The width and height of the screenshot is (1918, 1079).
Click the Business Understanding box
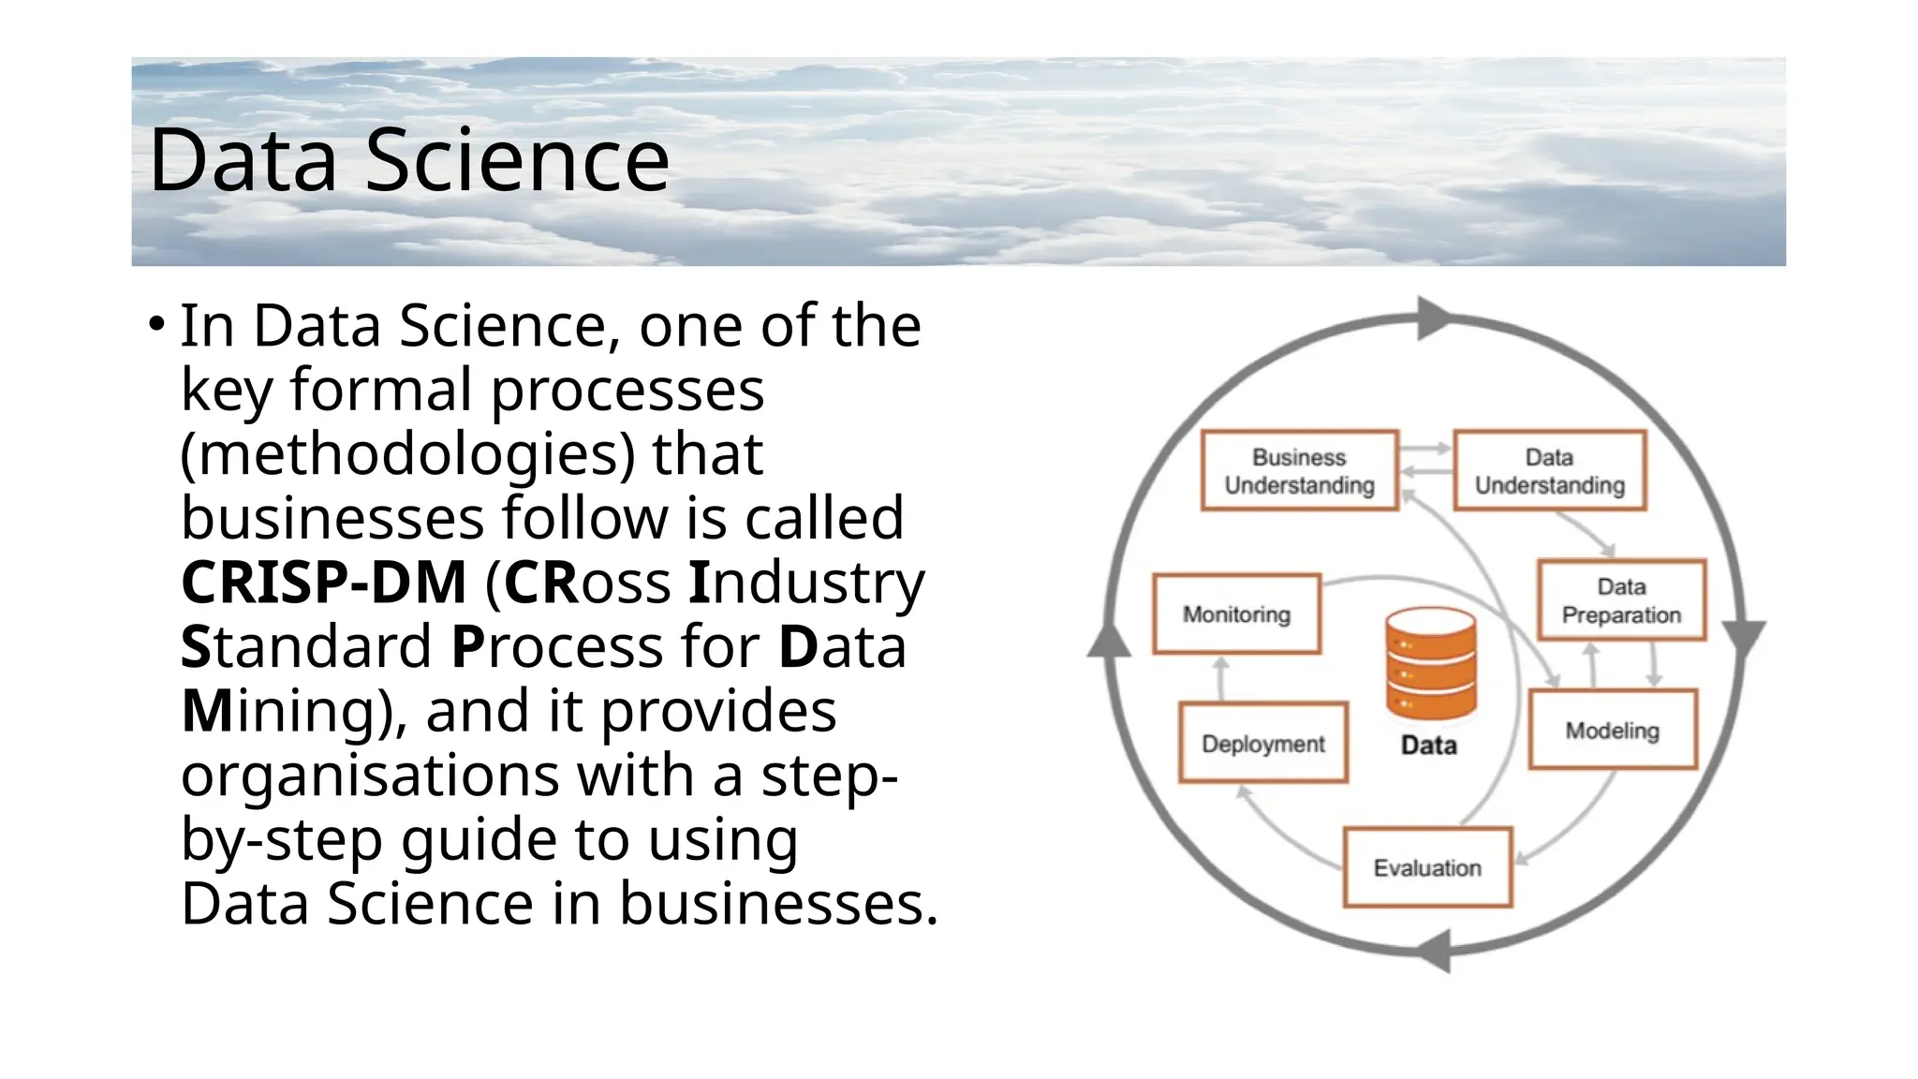(x=1299, y=470)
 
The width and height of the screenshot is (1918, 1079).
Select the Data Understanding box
(x=1549, y=470)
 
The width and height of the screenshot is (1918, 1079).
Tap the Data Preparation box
(x=1621, y=600)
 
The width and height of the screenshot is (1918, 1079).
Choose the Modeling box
(x=1612, y=730)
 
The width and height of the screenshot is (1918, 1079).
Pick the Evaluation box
(x=1426, y=867)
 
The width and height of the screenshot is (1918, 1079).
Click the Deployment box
(x=1262, y=743)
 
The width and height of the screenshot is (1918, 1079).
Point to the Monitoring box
(x=1236, y=613)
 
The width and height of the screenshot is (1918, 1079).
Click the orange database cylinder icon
(x=1430, y=664)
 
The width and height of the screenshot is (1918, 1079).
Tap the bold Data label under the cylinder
(x=1428, y=746)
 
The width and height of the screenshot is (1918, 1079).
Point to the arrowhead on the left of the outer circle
(x=1110, y=642)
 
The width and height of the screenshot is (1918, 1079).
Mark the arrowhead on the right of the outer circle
(x=1743, y=637)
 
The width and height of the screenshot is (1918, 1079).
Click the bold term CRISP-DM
(x=323, y=583)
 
